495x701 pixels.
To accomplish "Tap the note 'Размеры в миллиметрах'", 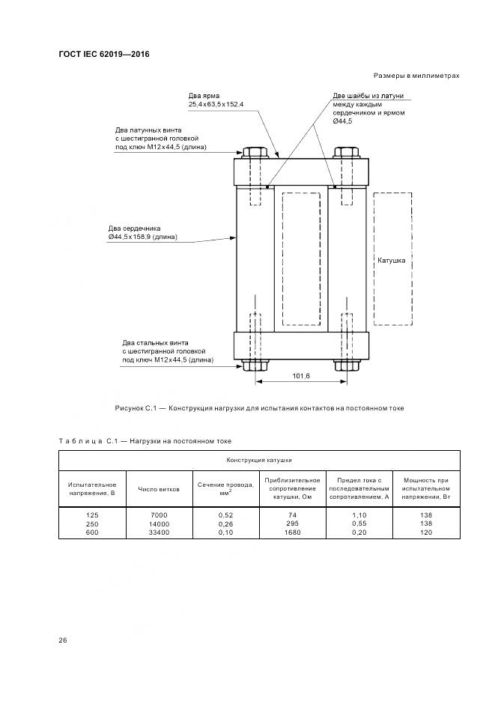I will point(416,76).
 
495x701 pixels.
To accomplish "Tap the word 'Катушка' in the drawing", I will point(392,261).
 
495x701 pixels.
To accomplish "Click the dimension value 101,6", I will point(300,375).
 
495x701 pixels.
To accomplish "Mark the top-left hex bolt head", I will point(255,151).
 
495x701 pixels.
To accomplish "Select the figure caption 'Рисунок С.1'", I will point(259,408).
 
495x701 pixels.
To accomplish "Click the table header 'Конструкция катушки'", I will point(259,460).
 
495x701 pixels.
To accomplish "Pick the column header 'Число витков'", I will point(159,489).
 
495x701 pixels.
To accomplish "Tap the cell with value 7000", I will point(159,515).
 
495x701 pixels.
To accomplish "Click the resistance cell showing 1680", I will point(292,532).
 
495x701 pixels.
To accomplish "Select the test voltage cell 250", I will point(92,524).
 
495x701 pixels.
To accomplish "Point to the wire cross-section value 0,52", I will point(225,515).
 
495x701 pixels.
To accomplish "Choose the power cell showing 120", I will point(425,532).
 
